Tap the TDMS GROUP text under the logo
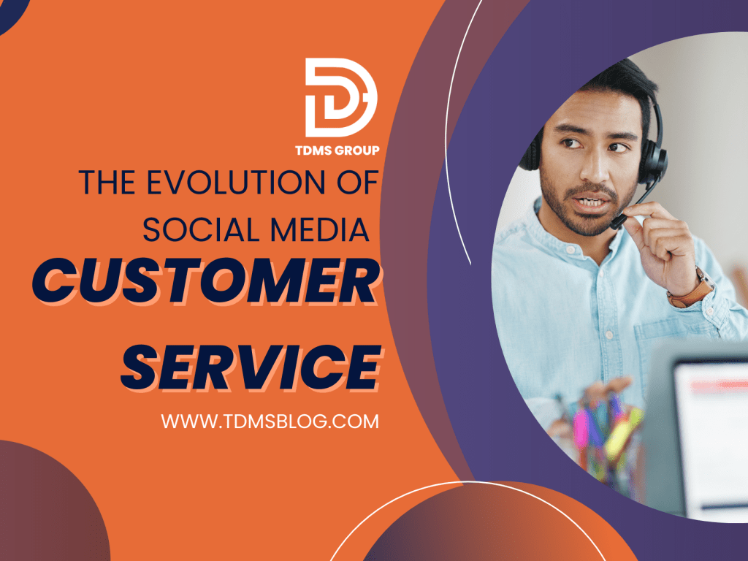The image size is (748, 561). click(341, 150)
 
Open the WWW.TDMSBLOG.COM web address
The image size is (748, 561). click(270, 421)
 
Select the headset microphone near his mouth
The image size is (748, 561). click(619, 221)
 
